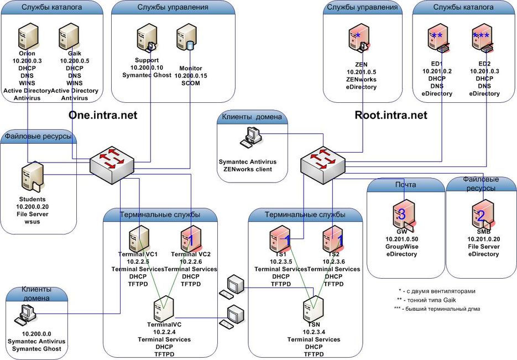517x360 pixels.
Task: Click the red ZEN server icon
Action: (357, 39)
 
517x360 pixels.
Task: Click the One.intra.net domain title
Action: (103, 115)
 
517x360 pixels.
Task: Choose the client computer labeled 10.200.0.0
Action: (26, 317)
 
